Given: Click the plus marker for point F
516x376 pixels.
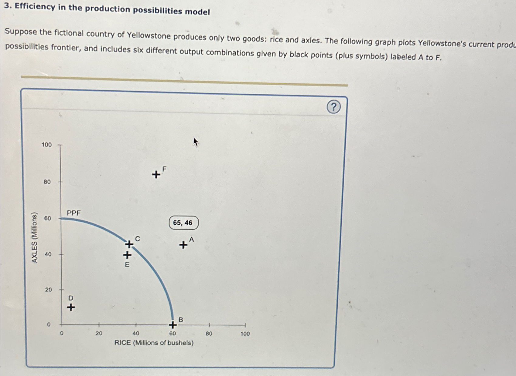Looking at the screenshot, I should point(156,175).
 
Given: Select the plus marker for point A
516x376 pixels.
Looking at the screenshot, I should point(183,245).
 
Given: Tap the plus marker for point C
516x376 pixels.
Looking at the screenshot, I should point(129,244).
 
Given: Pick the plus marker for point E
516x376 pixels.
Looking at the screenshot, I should point(127,255).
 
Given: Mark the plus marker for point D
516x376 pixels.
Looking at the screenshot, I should point(71,307).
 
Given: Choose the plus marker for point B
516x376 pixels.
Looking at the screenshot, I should point(173,325).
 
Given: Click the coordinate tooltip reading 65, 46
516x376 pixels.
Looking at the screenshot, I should point(183,223).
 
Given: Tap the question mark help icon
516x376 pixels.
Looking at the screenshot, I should point(333,107).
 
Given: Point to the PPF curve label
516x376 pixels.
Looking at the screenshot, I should point(74,213).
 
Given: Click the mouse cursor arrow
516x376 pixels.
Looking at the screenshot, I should point(195,141).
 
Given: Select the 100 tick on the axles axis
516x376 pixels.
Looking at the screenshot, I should point(47,145).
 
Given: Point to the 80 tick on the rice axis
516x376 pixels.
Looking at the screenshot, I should point(209,334).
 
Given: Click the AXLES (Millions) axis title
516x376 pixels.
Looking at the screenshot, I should point(35,238).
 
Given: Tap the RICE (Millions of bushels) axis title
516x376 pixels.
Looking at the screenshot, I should point(154,343).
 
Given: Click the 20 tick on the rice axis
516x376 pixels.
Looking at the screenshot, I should point(99,334).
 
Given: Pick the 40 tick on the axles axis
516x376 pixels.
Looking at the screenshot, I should point(48,254).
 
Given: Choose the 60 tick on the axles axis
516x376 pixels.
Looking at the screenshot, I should point(48,218).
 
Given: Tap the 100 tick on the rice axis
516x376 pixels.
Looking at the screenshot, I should point(245,334).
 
